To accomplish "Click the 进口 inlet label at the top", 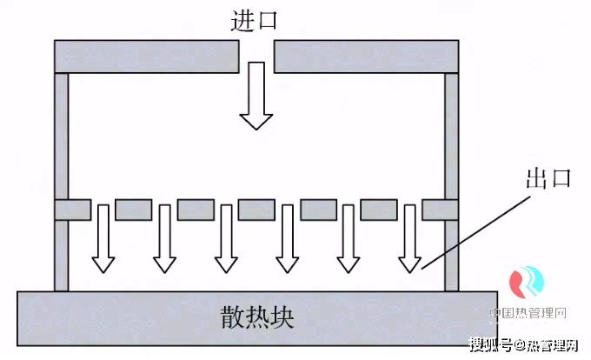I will pos(255,20).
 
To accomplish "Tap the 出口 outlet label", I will pos(548,178).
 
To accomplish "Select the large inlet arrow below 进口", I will pos(256,96).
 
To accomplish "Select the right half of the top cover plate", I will pos(366,57).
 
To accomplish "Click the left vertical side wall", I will pos(61,139).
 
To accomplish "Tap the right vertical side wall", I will pos(452,139).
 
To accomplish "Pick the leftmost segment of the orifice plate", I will pos(72,210).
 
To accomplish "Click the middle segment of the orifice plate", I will pos(257,210).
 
